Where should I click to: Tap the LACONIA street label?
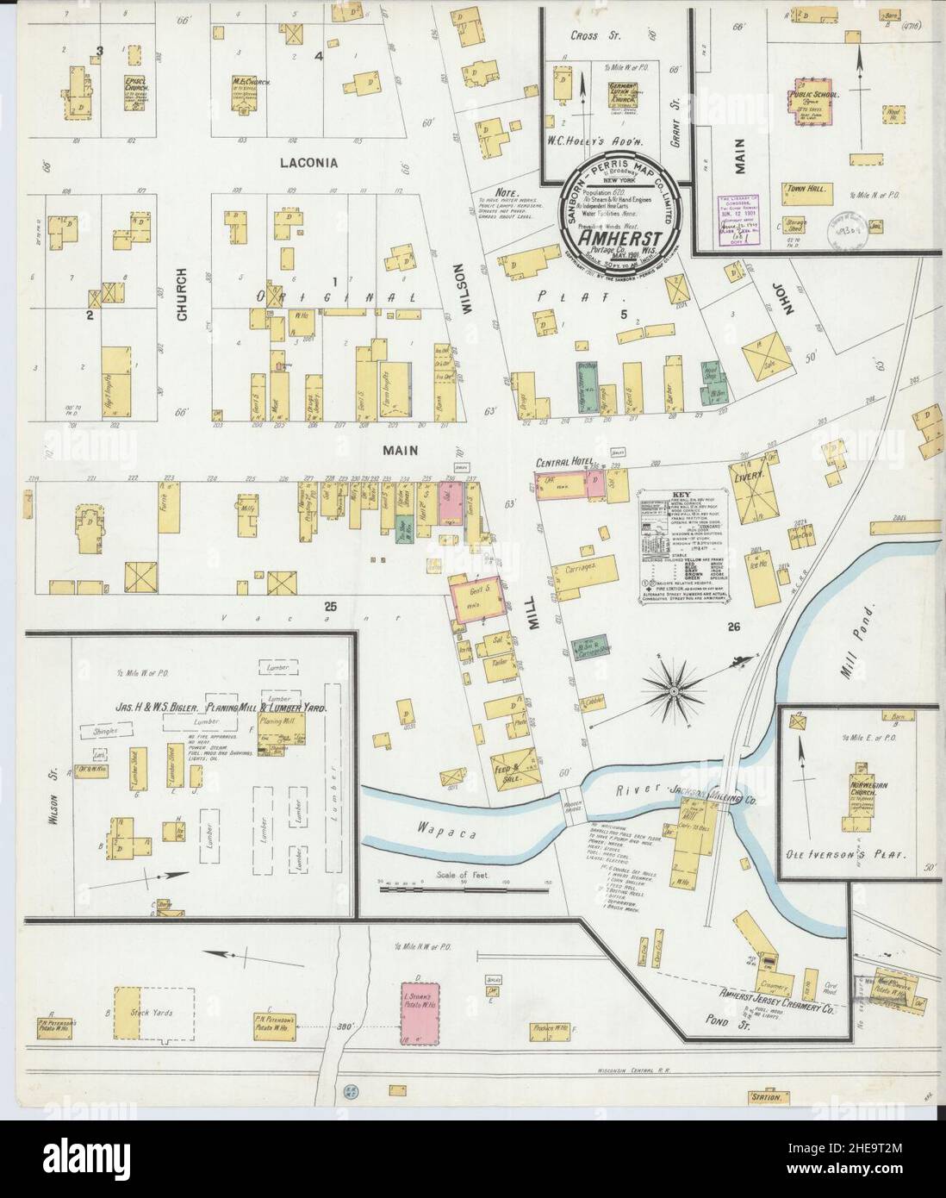coord(307,161)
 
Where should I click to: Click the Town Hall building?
coord(806,191)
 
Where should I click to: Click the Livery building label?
coord(745,475)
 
